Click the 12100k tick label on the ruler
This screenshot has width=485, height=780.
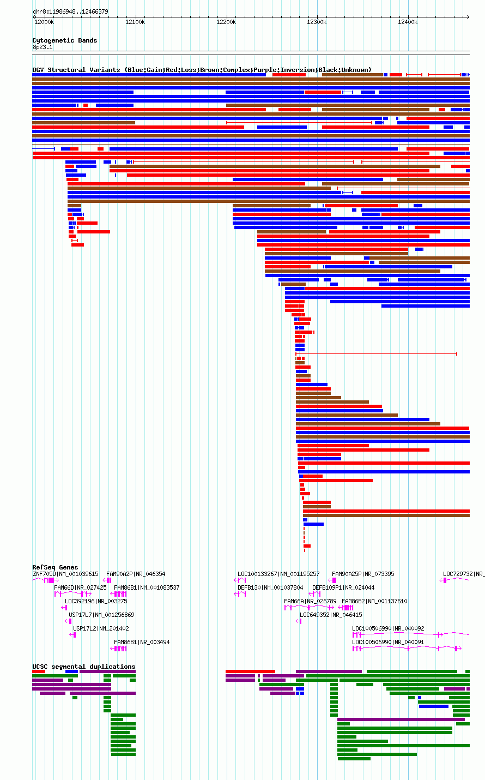135,22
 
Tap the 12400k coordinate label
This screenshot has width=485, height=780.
408,22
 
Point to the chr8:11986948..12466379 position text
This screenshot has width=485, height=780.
70,11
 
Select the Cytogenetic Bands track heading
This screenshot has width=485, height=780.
65,40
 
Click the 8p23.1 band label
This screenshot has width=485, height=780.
43,47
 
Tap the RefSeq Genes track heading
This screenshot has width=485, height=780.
55,567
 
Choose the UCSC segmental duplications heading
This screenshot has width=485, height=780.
84,667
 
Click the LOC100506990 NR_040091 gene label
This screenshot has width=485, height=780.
388,642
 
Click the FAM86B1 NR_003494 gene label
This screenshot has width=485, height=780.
142,642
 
